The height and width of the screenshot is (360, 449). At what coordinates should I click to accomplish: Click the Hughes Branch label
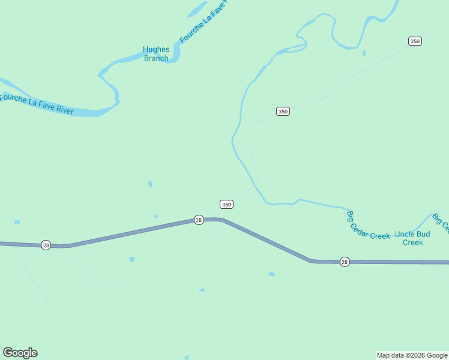(156, 54)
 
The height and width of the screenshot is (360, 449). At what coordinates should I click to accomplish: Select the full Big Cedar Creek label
(368, 226)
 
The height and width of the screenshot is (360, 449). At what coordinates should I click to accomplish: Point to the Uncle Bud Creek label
(413, 238)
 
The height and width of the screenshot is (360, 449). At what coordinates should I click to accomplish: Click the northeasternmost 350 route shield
(415, 41)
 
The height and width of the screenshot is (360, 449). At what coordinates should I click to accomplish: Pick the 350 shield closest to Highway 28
(226, 204)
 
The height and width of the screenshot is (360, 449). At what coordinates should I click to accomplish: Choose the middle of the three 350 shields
(283, 111)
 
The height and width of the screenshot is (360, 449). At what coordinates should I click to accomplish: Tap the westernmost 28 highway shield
(46, 245)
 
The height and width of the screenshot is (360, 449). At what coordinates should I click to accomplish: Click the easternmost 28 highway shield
(345, 262)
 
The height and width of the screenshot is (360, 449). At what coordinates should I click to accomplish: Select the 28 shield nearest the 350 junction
(199, 220)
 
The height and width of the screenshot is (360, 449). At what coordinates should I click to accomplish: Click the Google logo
(20, 353)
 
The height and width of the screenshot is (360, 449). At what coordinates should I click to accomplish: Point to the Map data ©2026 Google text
(412, 355)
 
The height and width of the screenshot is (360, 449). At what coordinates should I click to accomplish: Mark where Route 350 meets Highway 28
(220, 220)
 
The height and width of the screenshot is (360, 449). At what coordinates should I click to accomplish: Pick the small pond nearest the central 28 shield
(156, 216)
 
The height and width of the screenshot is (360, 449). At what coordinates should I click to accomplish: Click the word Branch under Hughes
(156, 58)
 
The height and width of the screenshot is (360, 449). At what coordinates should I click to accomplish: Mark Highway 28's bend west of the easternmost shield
(311, 260)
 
